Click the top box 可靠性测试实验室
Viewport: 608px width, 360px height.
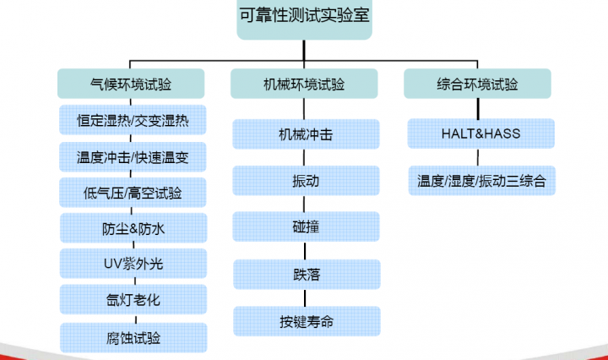305,19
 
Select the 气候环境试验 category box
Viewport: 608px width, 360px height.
130,84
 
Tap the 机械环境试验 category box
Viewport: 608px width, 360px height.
304,84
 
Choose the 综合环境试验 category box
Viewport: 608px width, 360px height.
477,84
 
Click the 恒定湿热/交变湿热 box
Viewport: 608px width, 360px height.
133,120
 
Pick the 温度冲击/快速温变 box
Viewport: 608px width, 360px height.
133,156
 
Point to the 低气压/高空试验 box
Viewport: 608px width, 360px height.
133,192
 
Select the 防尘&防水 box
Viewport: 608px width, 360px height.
133,228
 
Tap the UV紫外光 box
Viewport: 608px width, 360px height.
133,264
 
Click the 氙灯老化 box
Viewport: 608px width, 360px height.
133,300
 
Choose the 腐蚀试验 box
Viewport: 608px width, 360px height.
133,337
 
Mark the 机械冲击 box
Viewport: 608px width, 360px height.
306,134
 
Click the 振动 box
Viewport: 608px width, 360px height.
306,180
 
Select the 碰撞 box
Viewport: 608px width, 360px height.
306,226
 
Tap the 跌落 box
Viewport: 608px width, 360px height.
306,274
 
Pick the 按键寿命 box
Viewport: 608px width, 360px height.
306,321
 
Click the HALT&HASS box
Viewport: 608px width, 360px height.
480,134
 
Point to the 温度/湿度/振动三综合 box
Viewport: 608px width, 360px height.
481,180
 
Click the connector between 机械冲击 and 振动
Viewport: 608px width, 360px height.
306,157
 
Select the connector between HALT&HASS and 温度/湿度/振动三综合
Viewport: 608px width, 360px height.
480,157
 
